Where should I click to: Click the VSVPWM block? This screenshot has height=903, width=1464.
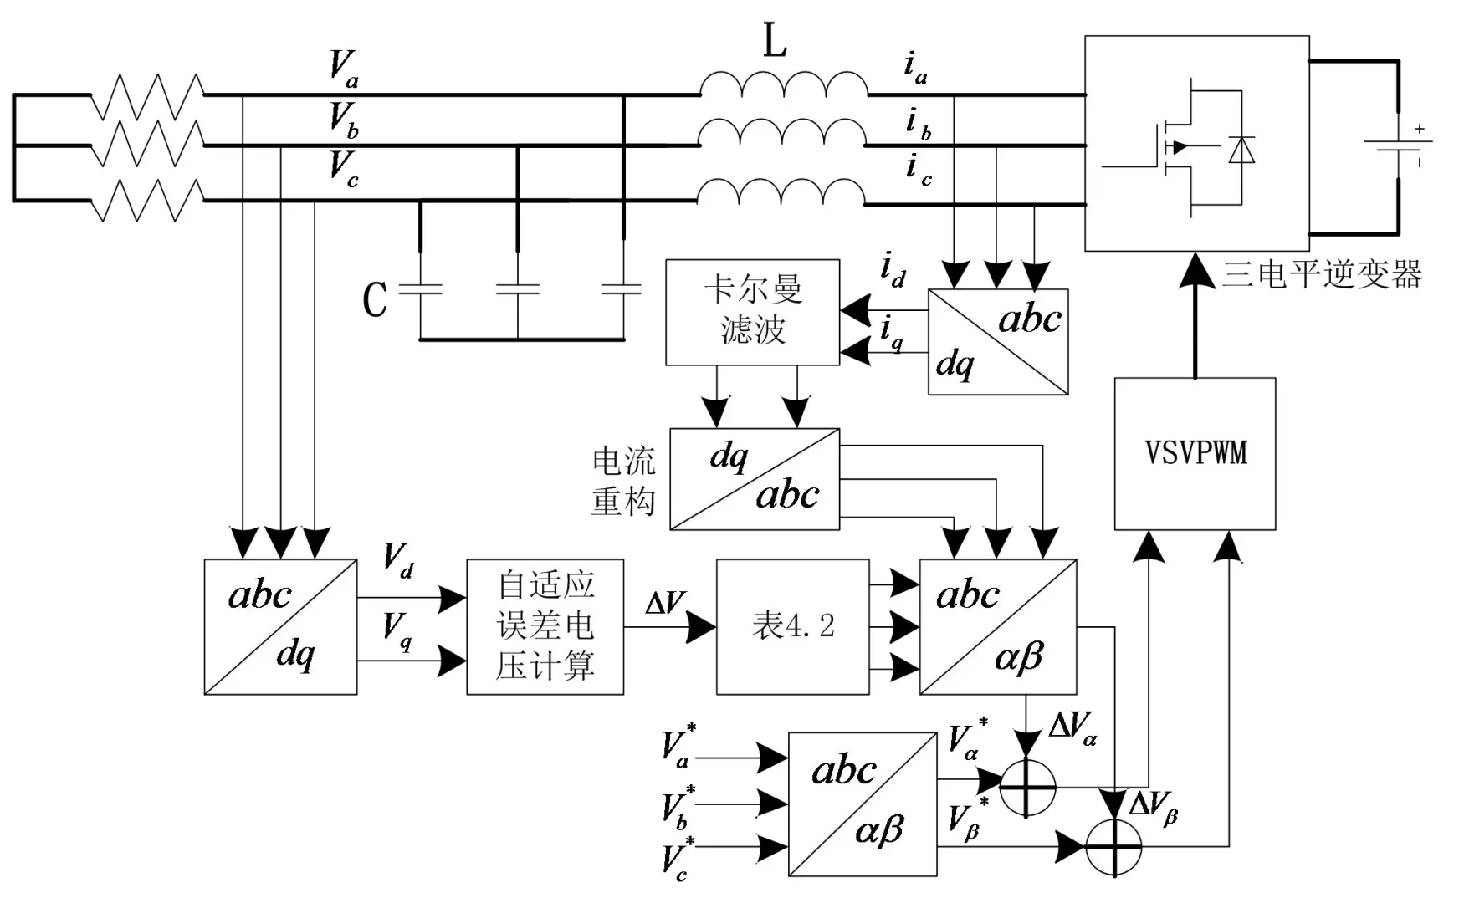tap(1195, 453)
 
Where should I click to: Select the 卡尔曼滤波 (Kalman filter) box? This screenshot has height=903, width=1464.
tap(752, 312)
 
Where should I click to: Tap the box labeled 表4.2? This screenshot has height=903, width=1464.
tap(792, 626)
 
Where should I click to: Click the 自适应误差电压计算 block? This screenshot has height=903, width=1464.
tap(545, 626)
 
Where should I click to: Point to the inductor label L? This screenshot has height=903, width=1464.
tap(775, 40)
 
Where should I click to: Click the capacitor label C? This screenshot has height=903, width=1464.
tap(375, 298)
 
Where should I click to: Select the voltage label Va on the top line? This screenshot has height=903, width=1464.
tap(344, 68)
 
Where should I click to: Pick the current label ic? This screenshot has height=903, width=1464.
tap(918, 170)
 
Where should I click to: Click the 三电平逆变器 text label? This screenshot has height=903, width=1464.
tap(1322, 274)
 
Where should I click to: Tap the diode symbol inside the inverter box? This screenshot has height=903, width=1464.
tap(1241, 150)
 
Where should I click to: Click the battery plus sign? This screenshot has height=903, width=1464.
tap(1419, 130)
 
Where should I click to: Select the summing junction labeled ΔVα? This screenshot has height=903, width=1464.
tap(1027, 787)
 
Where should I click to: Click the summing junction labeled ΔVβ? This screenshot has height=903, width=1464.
tap(1113, 846)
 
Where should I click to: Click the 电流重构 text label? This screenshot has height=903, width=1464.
tap(623, 481)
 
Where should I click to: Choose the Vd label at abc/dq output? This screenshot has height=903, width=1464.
tap(397, 559)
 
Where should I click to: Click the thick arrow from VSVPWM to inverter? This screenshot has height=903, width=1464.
tap(1195, 322)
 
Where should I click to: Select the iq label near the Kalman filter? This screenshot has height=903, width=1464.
tap(892, 333)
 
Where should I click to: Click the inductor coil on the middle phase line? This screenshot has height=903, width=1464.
tap(782, 134)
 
